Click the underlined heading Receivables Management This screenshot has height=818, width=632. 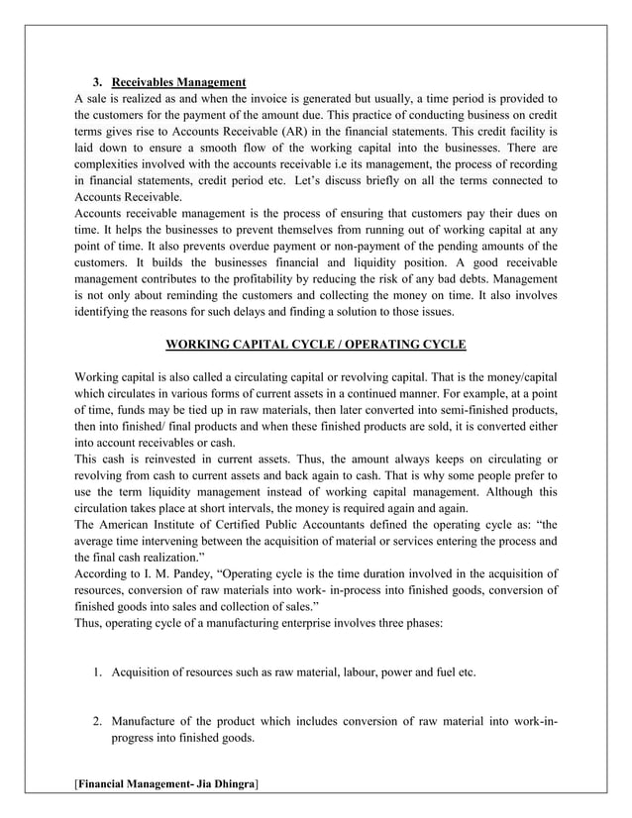[179, 81]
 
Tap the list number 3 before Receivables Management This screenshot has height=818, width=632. [96, 81]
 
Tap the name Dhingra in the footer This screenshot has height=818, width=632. [230, 784]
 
